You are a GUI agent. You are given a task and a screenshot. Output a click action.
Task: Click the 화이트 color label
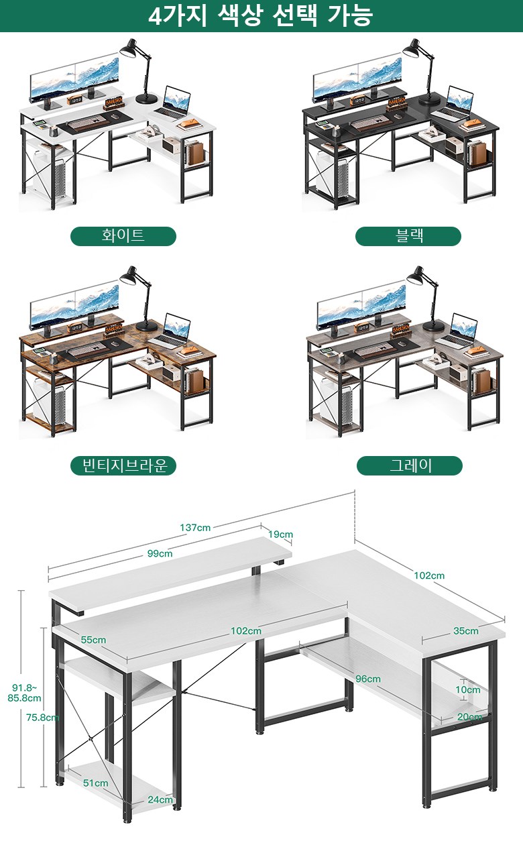123,236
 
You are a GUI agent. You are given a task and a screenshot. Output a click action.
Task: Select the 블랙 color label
408,236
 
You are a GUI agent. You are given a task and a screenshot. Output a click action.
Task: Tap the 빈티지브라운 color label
123,465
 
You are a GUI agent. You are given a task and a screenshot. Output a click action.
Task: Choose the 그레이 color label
410,465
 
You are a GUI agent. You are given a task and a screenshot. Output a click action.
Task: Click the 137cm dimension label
195,528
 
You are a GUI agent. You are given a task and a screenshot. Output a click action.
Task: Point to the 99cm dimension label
160,553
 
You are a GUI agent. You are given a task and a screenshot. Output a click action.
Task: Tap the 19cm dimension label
280,535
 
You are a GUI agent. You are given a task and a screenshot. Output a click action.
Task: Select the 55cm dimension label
93,640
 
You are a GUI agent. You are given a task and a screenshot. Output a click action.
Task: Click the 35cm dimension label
466,631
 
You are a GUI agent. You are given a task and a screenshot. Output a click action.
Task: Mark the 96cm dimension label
368,679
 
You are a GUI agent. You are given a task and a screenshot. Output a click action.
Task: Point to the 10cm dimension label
468,689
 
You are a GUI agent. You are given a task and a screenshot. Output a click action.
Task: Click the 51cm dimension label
96,783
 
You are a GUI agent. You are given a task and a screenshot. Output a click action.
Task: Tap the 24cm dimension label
160,799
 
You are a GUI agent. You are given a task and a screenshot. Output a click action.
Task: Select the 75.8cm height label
42,718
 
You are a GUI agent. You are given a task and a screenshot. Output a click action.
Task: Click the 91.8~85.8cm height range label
24,693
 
